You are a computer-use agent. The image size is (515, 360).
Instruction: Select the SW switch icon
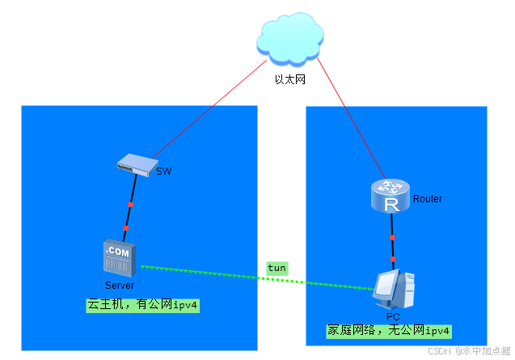tap(134, 166)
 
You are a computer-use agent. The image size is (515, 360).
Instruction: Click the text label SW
tap(164, 172)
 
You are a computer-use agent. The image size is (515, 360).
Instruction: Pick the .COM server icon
tap(118, 258)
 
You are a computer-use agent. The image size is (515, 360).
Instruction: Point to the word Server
tap(119, 286)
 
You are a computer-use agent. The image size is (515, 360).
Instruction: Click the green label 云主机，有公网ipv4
tap(143, 306)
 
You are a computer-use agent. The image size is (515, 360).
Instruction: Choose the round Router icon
tap(391, 197)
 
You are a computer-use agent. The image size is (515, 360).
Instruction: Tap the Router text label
tap(428, 199)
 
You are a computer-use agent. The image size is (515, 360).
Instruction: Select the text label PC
tap(393, 316)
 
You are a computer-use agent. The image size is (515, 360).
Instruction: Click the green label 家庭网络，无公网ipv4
tap(388, 331)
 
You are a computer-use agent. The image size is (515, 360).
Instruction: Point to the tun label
tap(277, 268)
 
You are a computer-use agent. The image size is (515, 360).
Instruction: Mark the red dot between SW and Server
tap(129, 205)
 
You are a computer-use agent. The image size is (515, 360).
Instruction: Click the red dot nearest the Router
tap(392, 238)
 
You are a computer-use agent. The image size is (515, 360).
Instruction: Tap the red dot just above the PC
tap(393, 260)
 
